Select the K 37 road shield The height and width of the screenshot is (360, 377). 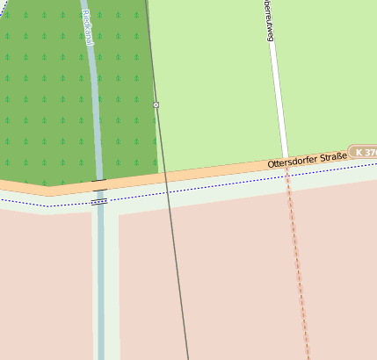pos(365,152)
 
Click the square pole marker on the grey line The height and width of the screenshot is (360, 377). pos(156,105)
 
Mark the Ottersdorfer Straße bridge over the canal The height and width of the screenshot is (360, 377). pos(99,185)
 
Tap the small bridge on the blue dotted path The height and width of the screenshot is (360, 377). pos(99,201)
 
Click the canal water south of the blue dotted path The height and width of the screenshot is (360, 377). pos(100,281)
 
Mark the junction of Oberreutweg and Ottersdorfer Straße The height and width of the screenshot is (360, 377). pos(286,164)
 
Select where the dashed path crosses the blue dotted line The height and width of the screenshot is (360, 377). pos(288,176)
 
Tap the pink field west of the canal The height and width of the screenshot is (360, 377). pos(44,281)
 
